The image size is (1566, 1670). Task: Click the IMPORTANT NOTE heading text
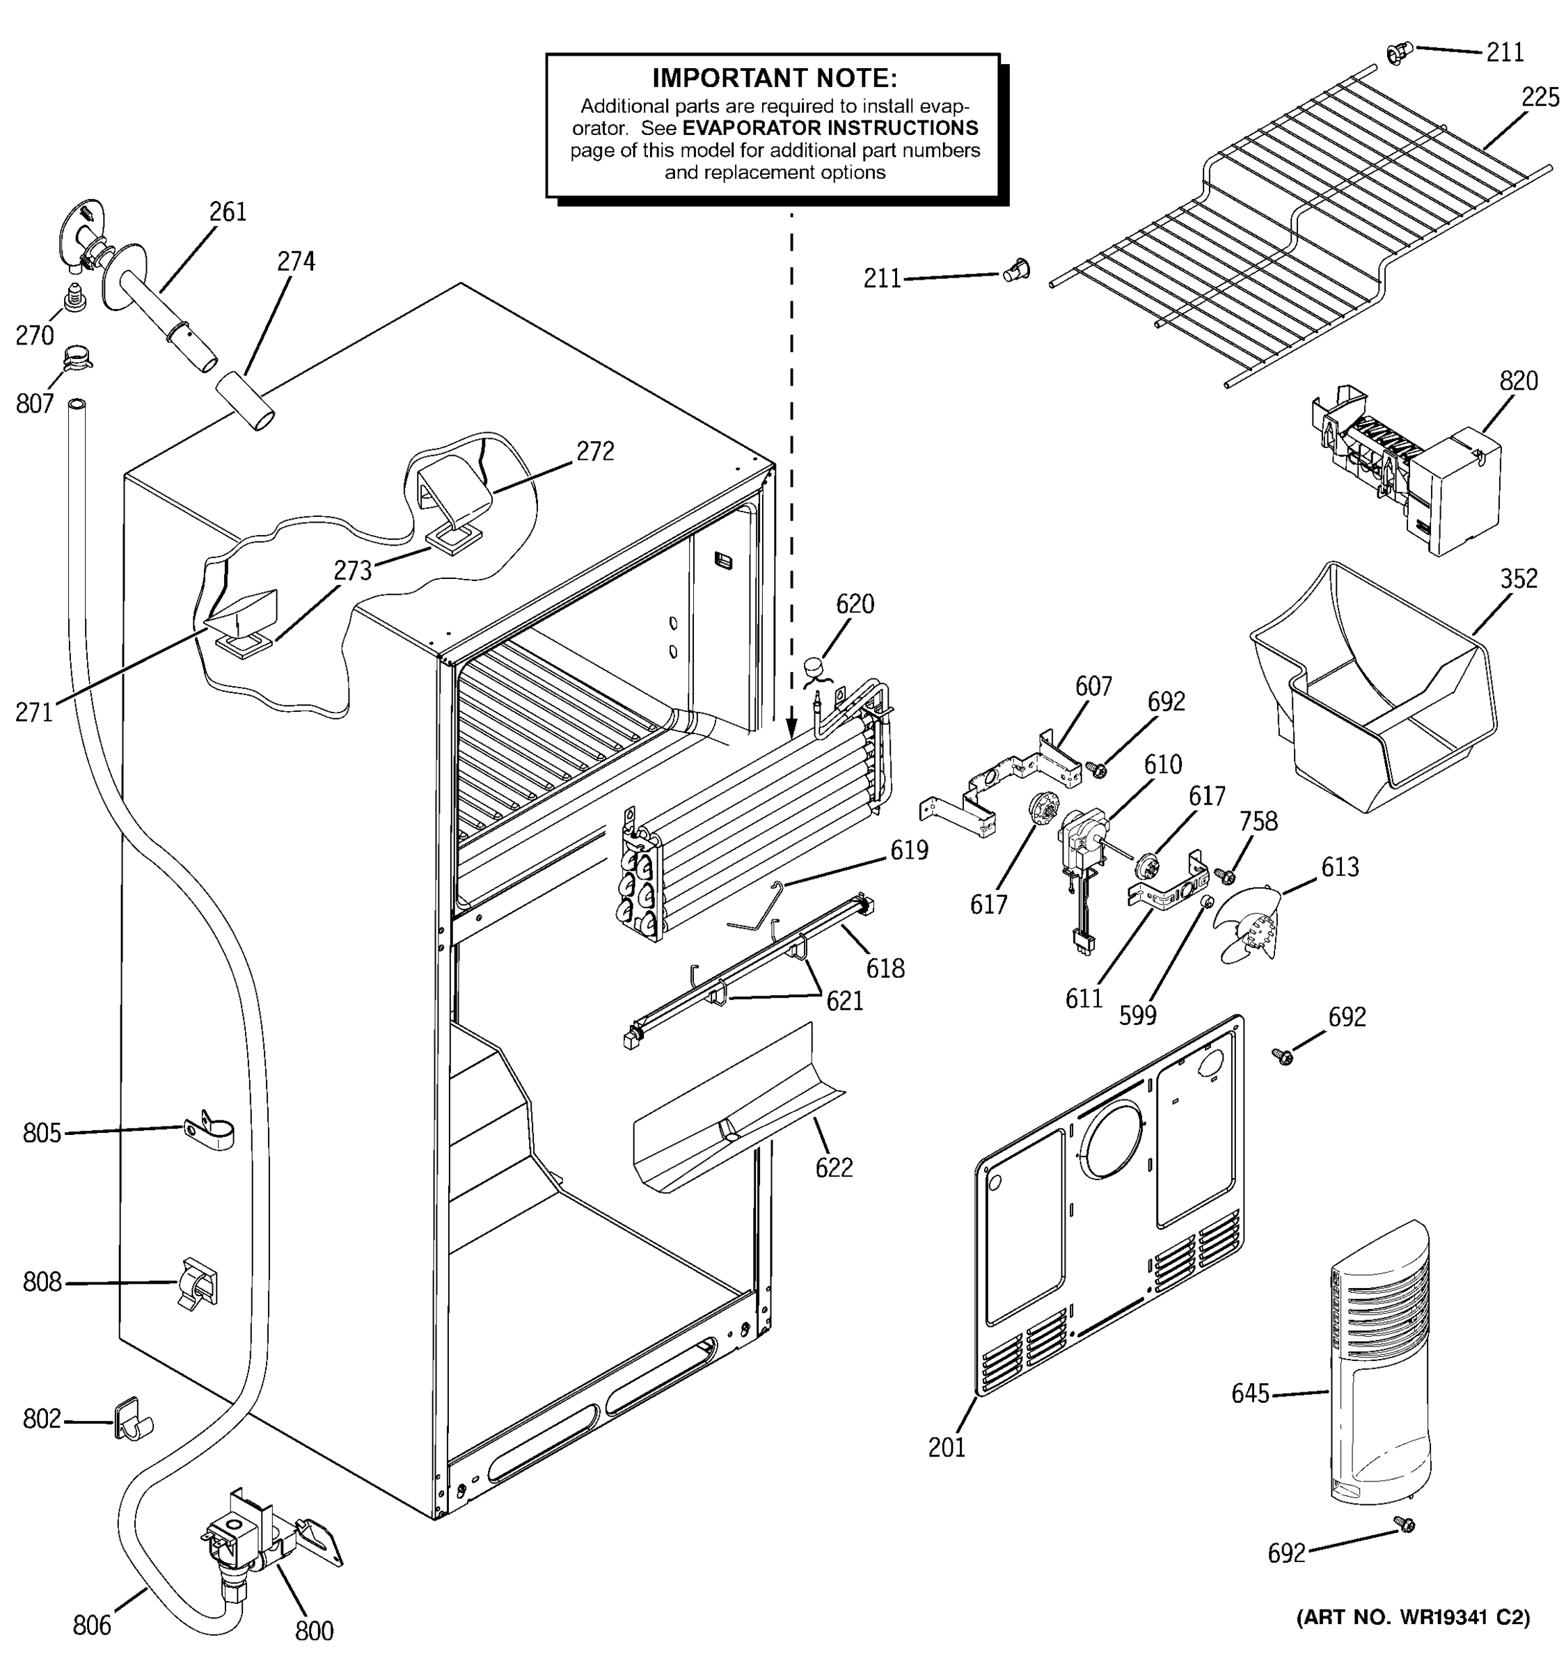click(x=774, y=78)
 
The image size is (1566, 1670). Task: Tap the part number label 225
click(x=1540, y=98)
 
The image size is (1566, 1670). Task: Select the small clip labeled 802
click(x=130, y=1419)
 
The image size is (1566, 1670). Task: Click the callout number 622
click(x=833, y=1168)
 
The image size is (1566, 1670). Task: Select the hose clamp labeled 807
click(x=77, y=360)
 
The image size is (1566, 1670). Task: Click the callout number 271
click(x=33, y=713)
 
